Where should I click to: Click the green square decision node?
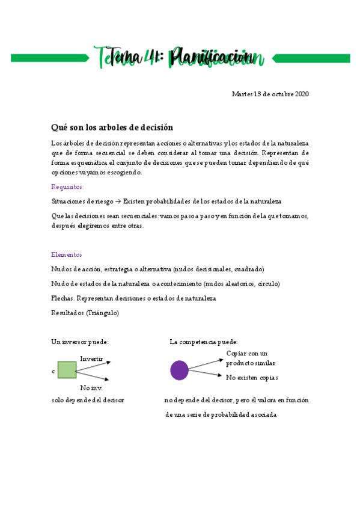67,370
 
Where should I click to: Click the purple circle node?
179,370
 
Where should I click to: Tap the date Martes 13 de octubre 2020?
270,94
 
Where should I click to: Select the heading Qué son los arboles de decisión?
112,127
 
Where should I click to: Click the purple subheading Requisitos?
67,186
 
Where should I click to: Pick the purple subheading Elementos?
67,254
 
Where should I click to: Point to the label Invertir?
91,359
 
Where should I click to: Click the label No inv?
91,388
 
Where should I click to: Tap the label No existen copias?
252,378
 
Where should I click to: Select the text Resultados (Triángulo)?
85,313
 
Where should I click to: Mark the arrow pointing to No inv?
93,376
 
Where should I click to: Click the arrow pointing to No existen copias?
206,374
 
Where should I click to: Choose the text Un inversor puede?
80,342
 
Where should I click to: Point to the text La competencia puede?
204,342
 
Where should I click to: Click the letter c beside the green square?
53,372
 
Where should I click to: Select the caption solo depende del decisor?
88,400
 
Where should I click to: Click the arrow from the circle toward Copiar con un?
206,363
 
